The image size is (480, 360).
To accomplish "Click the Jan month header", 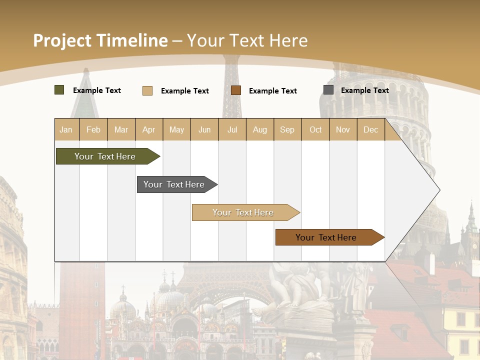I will pyautogui.click(x=66, y=129).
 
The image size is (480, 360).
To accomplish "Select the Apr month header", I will pyautogui.click(x=148, y=129).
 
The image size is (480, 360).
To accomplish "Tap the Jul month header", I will pyautogui.click(x=232, y=129).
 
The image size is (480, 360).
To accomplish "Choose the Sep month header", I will pyautogui.click(x=287, y=129).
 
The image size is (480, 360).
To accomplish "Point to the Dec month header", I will pyautogui.click(x=370, y=129).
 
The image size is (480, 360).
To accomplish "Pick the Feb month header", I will pyautogui.click(x=93, y=129).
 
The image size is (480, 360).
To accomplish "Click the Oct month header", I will pyautogui.click(x=315, y=129).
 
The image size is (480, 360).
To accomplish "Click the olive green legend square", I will pyautogui.click(x=59, y=90).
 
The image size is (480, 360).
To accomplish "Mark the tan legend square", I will pyautogui.click(x=147, y=90).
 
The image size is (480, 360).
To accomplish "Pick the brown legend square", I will pyautogui.click(x=236, y=90).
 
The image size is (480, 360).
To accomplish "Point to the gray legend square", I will pyautogui.click(x=328, y=90).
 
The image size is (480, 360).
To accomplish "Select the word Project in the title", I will pyautogui.click(x=62, y=40).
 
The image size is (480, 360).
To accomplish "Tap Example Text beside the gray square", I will pyautogui.click(x=364, y=90).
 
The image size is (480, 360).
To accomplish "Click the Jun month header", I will pyautogui.click(x=204, y=129).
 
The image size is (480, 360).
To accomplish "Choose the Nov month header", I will pyautogui.click(x=343, y=129).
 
